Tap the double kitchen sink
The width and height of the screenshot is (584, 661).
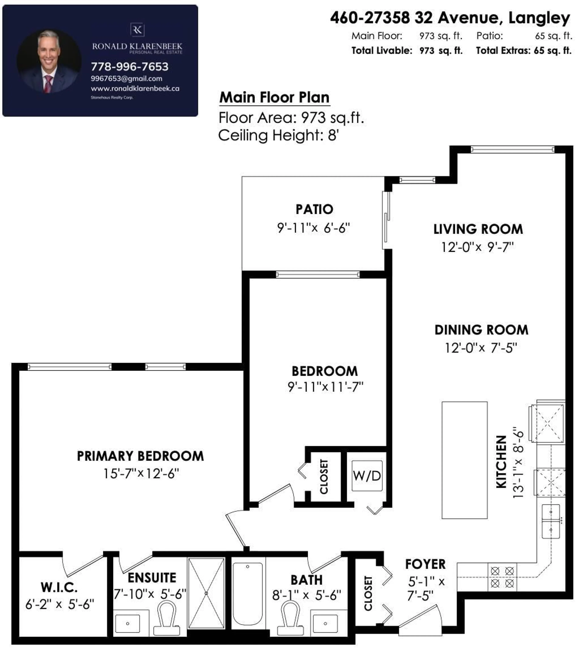pos(551,521)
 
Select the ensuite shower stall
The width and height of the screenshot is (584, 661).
pos(206,593)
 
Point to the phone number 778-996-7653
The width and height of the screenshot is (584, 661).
pos(130,67)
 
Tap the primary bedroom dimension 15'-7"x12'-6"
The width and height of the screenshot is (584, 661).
pos(141,473)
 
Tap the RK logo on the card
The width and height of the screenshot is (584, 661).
pos(137,30)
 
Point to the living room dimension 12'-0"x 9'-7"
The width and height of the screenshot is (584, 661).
pos(477,247)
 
